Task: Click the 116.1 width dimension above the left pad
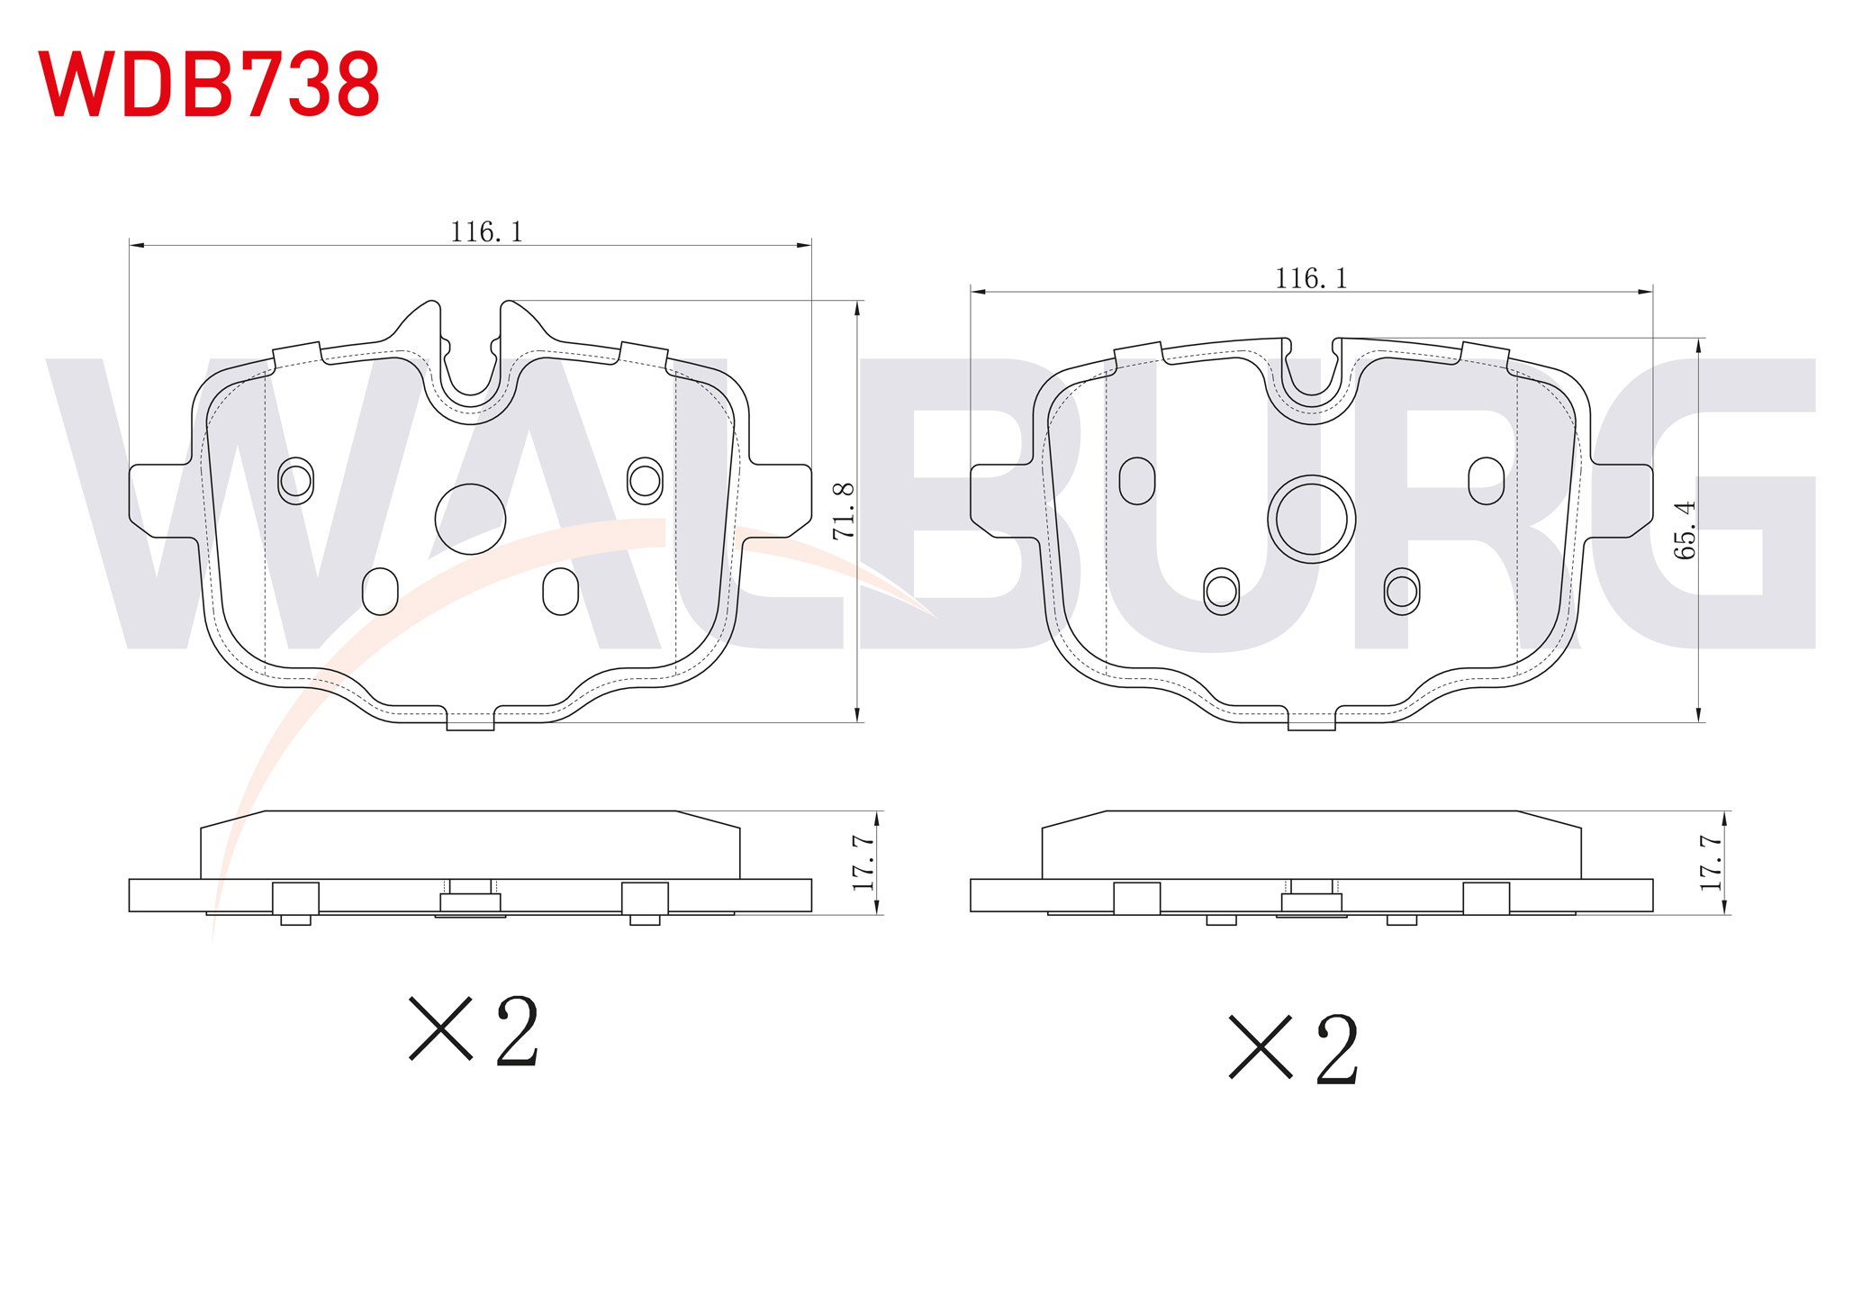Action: (486, 232)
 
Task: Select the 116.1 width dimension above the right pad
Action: (1311, 279)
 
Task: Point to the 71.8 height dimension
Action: (844, 512)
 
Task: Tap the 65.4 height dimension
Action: (1685, 530)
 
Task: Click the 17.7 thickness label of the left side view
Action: (863, 863)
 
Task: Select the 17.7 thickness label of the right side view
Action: (1711, 863)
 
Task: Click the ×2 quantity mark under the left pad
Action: (475, 1031)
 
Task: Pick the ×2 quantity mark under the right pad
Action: (1294, 1049)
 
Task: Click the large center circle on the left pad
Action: (470, 519)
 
